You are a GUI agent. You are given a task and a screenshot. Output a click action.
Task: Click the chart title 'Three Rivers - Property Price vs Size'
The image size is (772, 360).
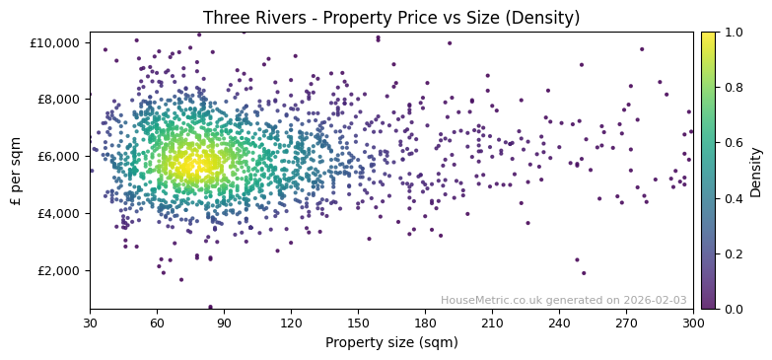(x=391, y=18)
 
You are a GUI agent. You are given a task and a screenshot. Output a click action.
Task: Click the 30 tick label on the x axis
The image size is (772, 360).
(x=90, y=323)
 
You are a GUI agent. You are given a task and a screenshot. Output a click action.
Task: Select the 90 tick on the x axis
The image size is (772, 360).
(x=224, y=323)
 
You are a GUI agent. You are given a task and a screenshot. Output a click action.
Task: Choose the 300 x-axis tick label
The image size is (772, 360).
(x=693, y=323)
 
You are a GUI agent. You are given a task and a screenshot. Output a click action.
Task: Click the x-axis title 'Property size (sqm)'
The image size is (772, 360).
(x=391, y=342)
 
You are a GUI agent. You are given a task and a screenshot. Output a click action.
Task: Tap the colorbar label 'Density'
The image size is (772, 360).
(x=756, y=171)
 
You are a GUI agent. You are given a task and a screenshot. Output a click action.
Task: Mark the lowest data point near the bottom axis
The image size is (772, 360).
(x=210, y=307)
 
